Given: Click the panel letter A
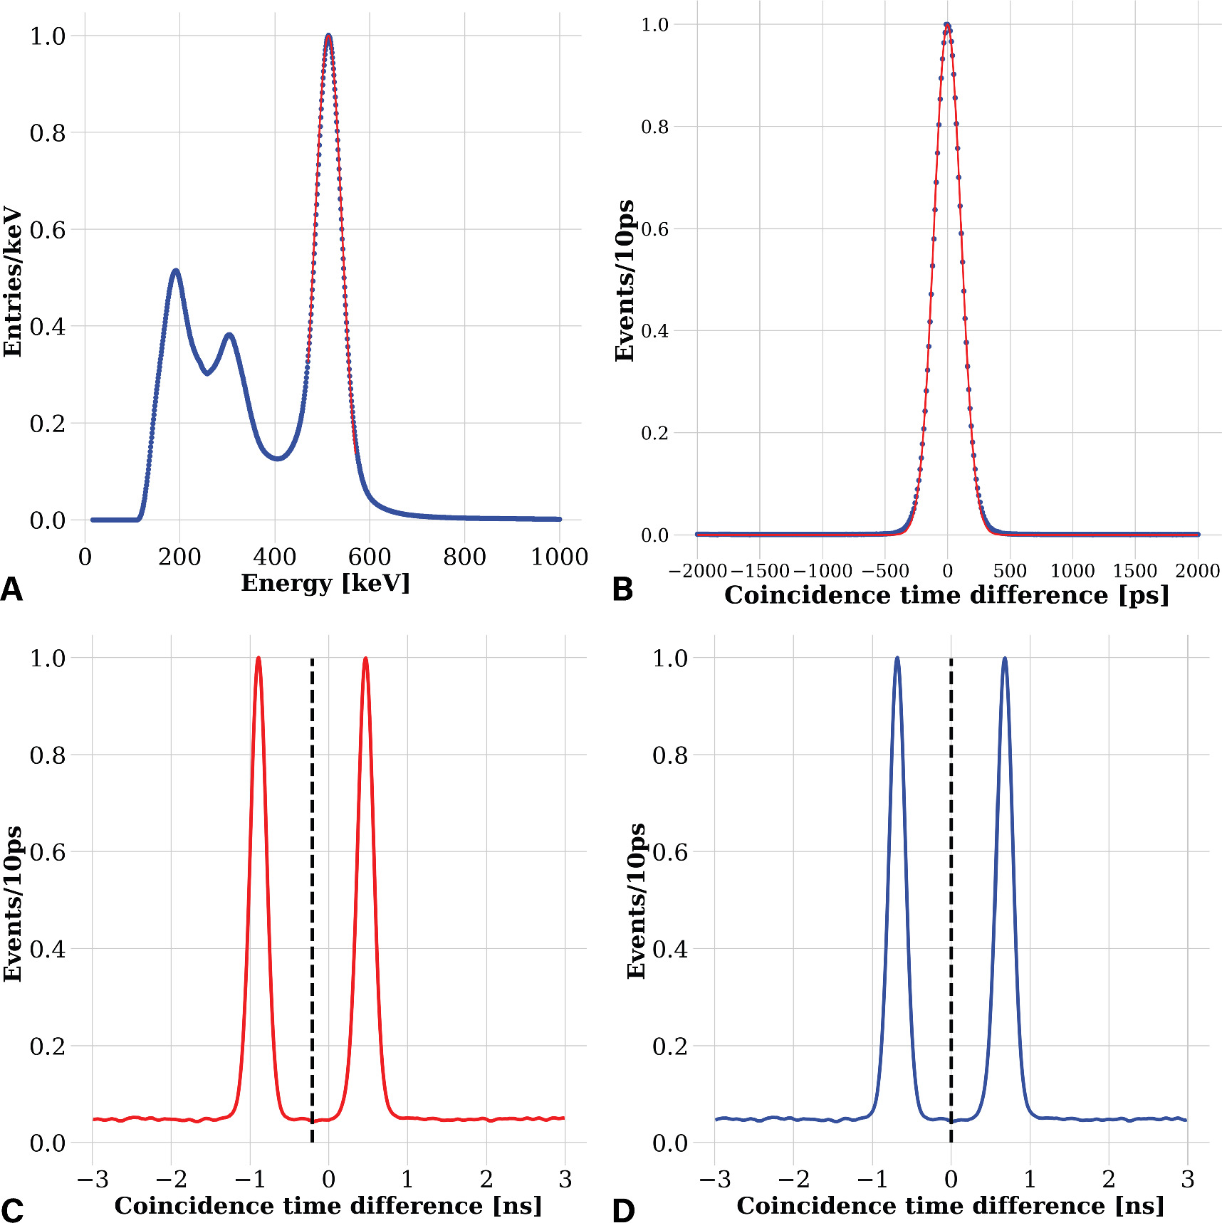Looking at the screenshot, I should point(12,589).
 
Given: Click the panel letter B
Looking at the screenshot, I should point(622,589).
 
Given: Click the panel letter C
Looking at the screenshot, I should point(12,1210).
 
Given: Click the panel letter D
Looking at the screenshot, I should point(623,1210).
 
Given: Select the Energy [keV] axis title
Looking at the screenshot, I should point(325,583).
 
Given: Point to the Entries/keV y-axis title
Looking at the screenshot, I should point(13,282).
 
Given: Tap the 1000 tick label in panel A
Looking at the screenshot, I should point(559,557).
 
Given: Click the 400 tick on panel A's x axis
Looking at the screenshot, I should point(275,557).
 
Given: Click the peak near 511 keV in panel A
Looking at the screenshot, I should point(328,36).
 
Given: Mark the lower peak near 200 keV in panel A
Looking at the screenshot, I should point(175,271).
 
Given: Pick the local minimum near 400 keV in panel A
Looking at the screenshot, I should point(278,458).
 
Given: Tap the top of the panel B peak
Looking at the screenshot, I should point(947,25).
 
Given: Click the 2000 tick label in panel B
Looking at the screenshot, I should point(1197,571).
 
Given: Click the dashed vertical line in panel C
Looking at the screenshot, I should point(312,890).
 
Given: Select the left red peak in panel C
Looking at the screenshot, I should point(258,659).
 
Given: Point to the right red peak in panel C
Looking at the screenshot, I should point(365,659).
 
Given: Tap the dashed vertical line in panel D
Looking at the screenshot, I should point(951,890).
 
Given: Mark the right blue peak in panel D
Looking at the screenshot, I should point(1005,659).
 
